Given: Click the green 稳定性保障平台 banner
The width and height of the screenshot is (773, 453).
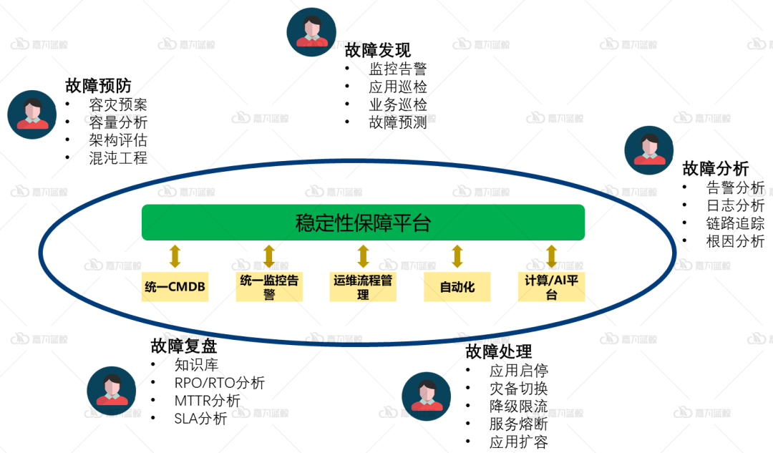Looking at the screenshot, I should pos(363,223).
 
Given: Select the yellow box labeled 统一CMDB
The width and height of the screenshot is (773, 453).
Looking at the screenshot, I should pos(175,287).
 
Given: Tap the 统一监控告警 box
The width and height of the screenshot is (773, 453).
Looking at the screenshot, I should pos(269,287).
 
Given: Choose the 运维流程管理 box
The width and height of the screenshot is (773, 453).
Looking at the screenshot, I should pos(363,287).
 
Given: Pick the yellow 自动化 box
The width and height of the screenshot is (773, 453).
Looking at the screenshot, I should pos(457,287).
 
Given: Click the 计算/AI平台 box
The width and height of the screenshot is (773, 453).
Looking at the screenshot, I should pos(551,287).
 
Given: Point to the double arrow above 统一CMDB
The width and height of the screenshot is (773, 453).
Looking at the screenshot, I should pos(175,255).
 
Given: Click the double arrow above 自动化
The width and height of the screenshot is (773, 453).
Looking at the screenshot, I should pos(457,255).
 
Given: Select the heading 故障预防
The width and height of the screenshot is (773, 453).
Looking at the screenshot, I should pos(98,86).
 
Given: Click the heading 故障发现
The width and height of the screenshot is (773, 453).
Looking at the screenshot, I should pos(378,50).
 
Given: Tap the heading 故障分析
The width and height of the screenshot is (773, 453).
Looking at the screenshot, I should pos(716,169).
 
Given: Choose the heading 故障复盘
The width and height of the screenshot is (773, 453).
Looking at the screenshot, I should pos(184,346).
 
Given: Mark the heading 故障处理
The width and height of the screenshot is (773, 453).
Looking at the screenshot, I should pos(499,351).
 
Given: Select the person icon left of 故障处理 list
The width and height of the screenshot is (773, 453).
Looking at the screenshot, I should pos(427,396).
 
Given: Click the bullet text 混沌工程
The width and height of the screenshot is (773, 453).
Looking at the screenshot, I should pos(118,158).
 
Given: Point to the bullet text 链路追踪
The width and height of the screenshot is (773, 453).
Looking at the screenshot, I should pos(735,223).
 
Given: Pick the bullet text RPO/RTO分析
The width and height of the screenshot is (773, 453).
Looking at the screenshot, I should pos(219,383).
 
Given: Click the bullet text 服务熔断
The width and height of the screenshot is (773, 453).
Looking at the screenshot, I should pos(518,424).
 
